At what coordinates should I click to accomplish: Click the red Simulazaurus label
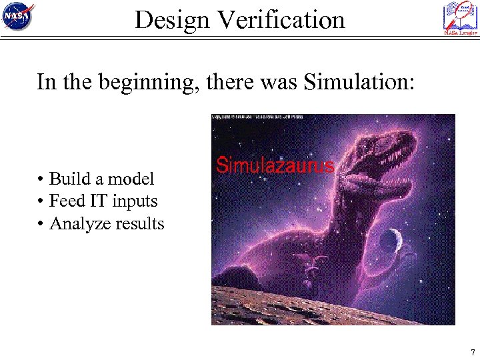coord(275,165)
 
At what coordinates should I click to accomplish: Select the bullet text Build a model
coord(101,179)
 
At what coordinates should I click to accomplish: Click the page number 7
coord(472,352)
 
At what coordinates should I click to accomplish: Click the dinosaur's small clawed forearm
coord(313,263)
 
